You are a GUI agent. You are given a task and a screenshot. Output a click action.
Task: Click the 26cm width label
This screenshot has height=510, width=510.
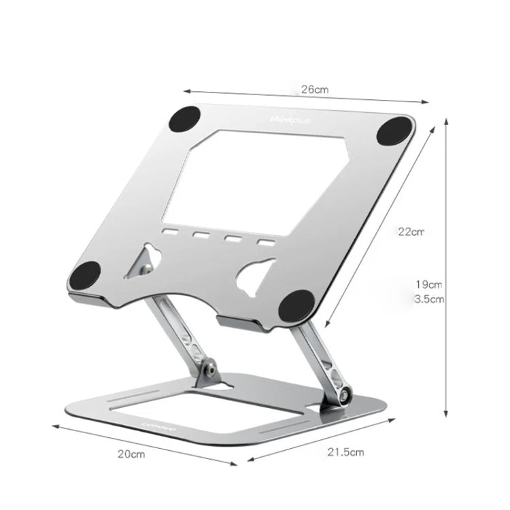[x=315, y=89]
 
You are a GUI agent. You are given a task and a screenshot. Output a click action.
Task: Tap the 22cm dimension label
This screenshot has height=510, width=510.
[x=411, y=231]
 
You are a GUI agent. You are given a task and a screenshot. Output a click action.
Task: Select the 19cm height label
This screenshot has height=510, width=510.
[x=429, y=284]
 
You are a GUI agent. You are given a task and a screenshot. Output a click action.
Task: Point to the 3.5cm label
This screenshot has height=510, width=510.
[x=429, y=299]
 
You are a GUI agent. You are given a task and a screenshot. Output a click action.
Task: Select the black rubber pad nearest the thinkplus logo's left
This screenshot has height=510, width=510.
[x=184, y=120]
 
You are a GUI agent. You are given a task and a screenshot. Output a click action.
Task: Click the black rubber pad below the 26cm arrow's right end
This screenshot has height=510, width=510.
[x=394, y=130]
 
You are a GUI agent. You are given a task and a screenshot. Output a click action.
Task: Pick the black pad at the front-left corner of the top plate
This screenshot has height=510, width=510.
[x=85, y=275]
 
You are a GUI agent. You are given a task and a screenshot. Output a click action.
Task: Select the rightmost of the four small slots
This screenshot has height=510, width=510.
[x=265, y=241]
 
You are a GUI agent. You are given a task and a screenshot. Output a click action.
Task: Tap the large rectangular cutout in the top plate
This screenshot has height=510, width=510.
[x=255, y=177]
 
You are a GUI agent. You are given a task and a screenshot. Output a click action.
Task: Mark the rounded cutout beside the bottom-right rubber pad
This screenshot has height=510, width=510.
[x=255, y=275]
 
